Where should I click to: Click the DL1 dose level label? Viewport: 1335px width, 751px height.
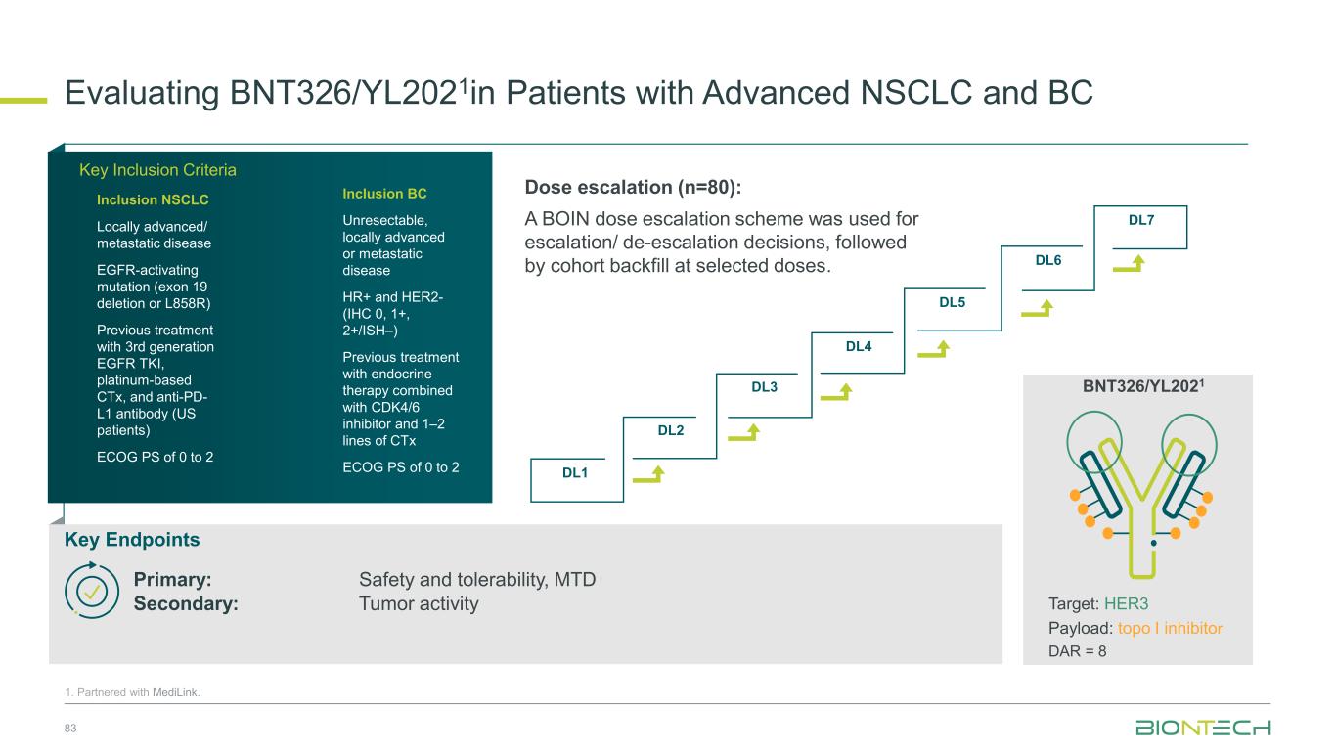(x=575, y=472)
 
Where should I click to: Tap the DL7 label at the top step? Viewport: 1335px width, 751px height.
(x=1141, y=220)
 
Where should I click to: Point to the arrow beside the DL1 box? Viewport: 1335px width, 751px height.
(x=649, y=475)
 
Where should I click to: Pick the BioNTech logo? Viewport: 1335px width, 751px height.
(x=1203, y=729)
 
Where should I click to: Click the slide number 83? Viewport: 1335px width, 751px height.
(x=70, y=729)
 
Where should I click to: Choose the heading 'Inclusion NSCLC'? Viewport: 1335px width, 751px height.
(x=153, y=200)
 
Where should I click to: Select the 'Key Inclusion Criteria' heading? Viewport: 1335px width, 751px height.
(x=157, y=170)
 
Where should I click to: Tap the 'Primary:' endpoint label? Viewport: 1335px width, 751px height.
(x=173, y=579)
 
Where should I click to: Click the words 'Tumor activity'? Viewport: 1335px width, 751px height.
(x=419, y=603)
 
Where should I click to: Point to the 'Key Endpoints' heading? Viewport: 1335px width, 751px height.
(x=132, y=540)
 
